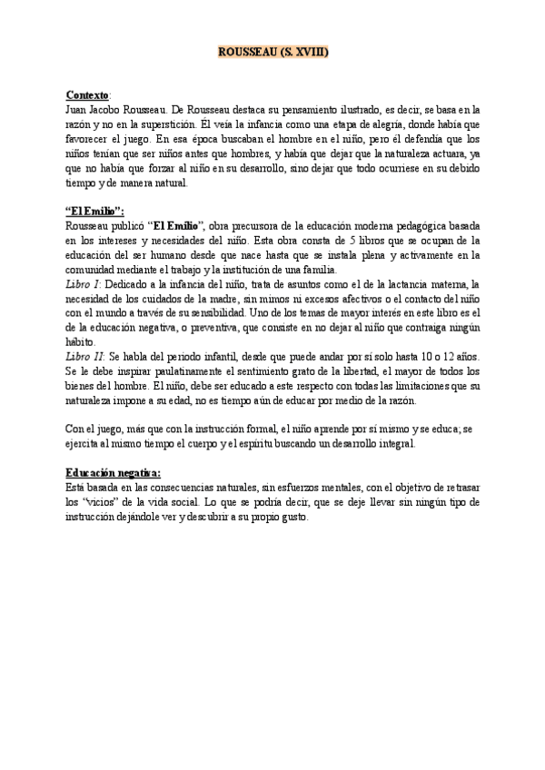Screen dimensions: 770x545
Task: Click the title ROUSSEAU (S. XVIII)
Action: point(272,54)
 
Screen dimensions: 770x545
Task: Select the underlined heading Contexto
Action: point(87,94)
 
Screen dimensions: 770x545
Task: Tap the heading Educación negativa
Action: point(113,473)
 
